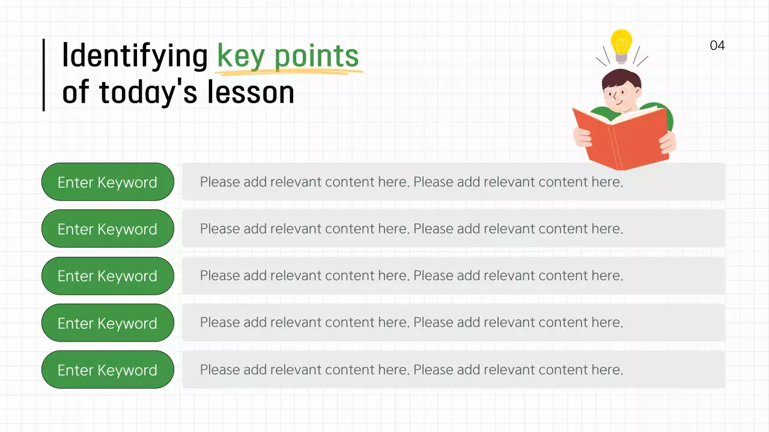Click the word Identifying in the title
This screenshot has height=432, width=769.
[x=135, y=56]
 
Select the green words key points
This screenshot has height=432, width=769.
[x=288, y=56]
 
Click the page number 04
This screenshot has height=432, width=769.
[x=717, y=46]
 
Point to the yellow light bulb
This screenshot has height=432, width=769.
[x=621, y=43]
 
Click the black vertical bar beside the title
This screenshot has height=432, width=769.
[x=43, y=75]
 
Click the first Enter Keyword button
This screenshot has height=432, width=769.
[x=108, y=182]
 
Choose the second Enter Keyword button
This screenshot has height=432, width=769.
[x=108, y=229]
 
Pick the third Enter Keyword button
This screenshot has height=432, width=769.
[x=108, y=276]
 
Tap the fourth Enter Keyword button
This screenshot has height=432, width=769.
[x=108, y=323]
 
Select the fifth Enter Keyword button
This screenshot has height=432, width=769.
[x=108, y=370]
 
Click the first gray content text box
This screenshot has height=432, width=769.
[x=453, y=182]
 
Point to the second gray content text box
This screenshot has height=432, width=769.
[x=453, y=229]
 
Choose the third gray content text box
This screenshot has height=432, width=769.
[x=453, y=276]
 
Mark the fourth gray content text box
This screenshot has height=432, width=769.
[x=453, y=323]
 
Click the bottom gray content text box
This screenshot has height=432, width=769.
[x=453, y=370]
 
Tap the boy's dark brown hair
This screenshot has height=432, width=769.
[x=622, y=77]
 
